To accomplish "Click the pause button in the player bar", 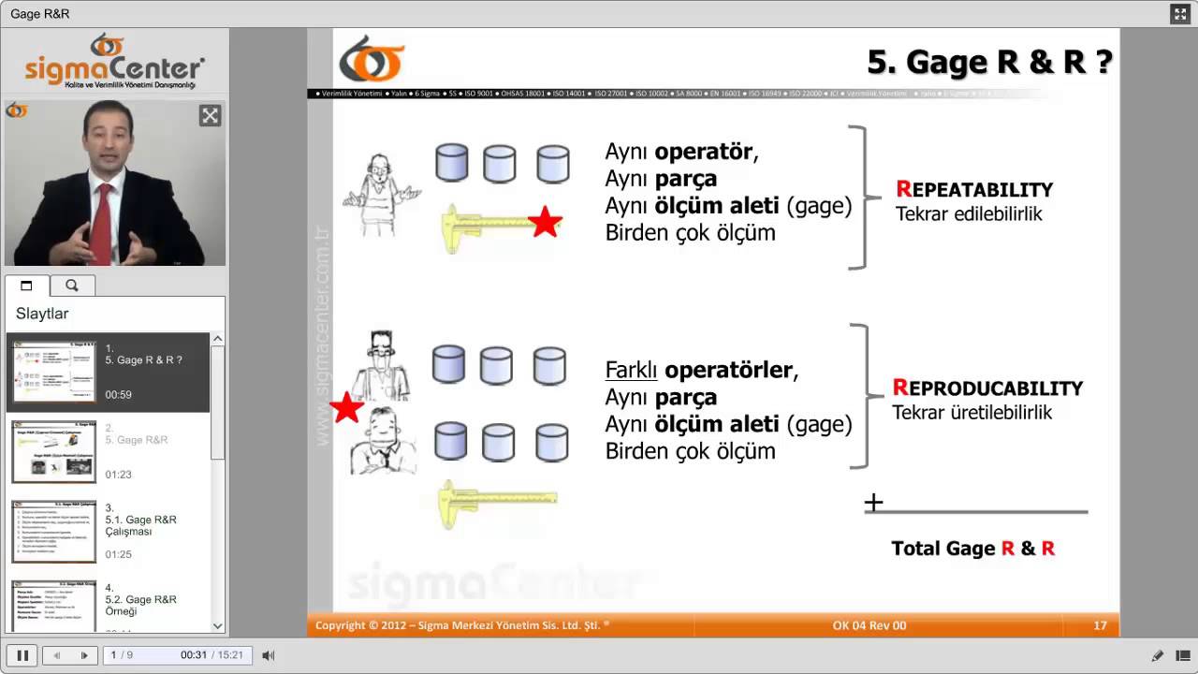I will click(x=22, y=655).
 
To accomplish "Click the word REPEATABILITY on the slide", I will click(x=974, y=190).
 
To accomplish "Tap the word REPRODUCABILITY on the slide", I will click(x=987, y=388).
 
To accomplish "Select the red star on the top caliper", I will click(x=545, y=222).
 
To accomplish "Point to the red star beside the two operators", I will click(x=346, y=407).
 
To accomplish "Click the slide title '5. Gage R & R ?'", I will click(x=989, y=62).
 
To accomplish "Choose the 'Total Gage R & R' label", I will click(x=972, y=549).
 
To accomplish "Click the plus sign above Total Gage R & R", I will click(x=873, y=503).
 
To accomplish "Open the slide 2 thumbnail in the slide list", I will click(x=53, y=451).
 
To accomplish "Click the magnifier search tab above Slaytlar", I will click(x=72, y=286).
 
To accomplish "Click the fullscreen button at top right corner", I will click(x=1179, y=13).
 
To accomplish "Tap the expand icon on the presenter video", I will click(x=210, y=116).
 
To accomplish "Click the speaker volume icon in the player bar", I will click(x=268, y=655).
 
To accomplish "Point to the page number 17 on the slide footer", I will click(x=1100, y=625).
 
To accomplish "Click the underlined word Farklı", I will click(x=633, y=370).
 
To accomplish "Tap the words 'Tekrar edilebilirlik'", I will click(x=969, y=214).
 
